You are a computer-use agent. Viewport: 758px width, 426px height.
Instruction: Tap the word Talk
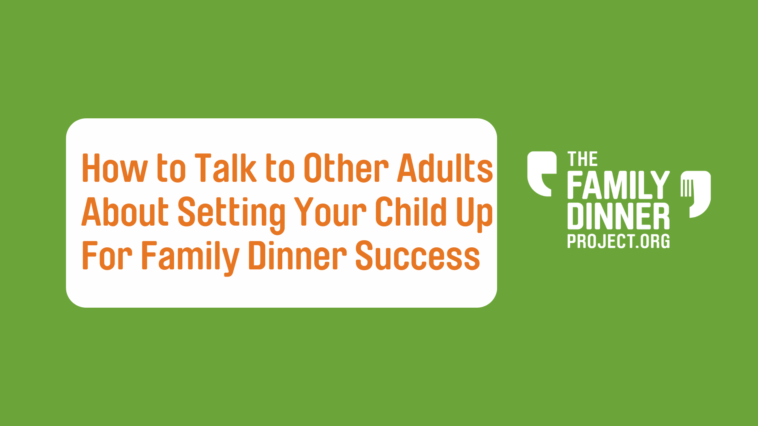coord(225,168)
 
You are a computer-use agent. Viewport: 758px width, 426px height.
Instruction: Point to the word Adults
coord(445,168)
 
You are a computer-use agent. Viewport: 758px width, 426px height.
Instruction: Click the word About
coord(125,212)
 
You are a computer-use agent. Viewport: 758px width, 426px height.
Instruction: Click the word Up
coord(475,215)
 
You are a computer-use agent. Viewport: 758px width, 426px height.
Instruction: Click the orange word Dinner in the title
coord(298,256)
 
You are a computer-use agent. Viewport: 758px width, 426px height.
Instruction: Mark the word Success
coord(418,256)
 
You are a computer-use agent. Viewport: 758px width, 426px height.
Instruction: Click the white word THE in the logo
coord(583,159)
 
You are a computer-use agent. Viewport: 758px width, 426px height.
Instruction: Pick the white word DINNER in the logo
coord(619,216)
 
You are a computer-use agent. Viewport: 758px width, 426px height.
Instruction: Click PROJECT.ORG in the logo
coord(619,241)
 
